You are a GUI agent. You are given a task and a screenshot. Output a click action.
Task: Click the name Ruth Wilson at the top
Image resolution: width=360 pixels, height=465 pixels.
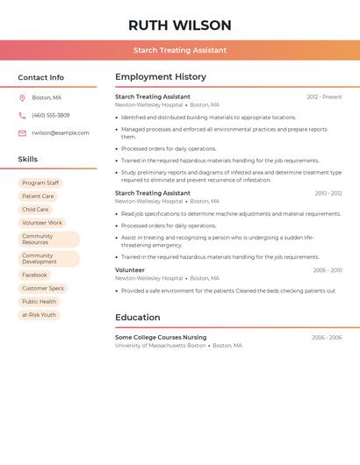pyautogui.click(x=180, y=25)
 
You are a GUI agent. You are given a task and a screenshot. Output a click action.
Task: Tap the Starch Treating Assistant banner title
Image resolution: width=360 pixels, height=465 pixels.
pyautogui.click(x=180, y=50)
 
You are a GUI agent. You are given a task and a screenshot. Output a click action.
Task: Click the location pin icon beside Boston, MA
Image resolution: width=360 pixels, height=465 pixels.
pyautogui.click(x=22, y=97)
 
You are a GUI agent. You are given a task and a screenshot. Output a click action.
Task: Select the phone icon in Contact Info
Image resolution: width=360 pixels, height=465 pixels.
pyautogui.click(x=22, y=115)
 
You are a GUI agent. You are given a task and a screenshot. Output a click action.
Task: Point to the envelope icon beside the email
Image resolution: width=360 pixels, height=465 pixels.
pyautogui.click(x=22, y=133)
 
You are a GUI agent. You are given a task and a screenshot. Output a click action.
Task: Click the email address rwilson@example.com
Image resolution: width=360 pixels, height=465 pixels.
pyautogui.click(x=61, y=133)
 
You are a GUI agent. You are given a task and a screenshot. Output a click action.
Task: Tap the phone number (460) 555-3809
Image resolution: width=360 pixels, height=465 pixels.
pyautogui.click(x=51, y=115)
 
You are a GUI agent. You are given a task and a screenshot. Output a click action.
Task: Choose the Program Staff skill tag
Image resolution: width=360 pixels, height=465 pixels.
pyautogui.click(x=40, y=183)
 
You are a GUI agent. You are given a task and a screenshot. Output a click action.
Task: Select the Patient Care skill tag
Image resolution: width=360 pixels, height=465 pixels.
pyautogui.click(x=38, y=197)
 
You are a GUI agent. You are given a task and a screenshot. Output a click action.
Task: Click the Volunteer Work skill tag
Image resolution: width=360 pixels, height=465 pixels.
pyautogui.click(x=42, y=223)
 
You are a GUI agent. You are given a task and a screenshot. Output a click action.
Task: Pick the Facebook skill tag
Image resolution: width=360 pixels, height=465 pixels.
pyautogui.click(x=35, y=275)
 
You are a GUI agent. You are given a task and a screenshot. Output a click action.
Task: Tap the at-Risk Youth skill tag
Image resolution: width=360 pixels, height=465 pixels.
pyautogui.click(x=39, y=314)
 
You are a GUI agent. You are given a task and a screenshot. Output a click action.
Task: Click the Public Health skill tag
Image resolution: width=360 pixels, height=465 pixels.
pyautogui.click(x=40, y=301)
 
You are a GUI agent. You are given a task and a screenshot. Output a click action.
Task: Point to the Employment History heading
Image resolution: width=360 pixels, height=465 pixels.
pyautogui.click(x=161, y=77)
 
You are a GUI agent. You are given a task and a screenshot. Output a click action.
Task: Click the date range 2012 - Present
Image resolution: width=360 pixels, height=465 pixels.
pyautogui.click(x=324, y=97)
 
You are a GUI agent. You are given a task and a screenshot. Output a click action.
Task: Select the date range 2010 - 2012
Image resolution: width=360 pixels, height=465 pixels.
pyautogui.click(x=328, y=193)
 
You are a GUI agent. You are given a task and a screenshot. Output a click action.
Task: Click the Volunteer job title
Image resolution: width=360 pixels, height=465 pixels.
pyautogui.click(x=130, y=270)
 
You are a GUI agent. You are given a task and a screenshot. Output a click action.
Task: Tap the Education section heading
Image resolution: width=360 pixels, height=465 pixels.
pyautogui.click(x=138, y=318)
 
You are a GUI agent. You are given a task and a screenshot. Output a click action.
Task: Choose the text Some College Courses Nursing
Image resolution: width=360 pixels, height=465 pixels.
pyautogui.click(x=161, y=337)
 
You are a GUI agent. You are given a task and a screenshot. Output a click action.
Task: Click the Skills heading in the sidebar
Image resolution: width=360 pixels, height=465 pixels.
pyautogui.click(x=28, y=160)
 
